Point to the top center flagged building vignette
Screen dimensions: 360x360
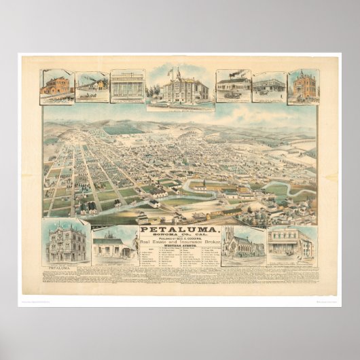pos(180,88)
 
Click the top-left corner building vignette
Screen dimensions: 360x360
pos(57,86)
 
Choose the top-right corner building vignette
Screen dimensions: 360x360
pos(303,86)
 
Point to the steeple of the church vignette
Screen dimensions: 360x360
pos(229,233)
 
